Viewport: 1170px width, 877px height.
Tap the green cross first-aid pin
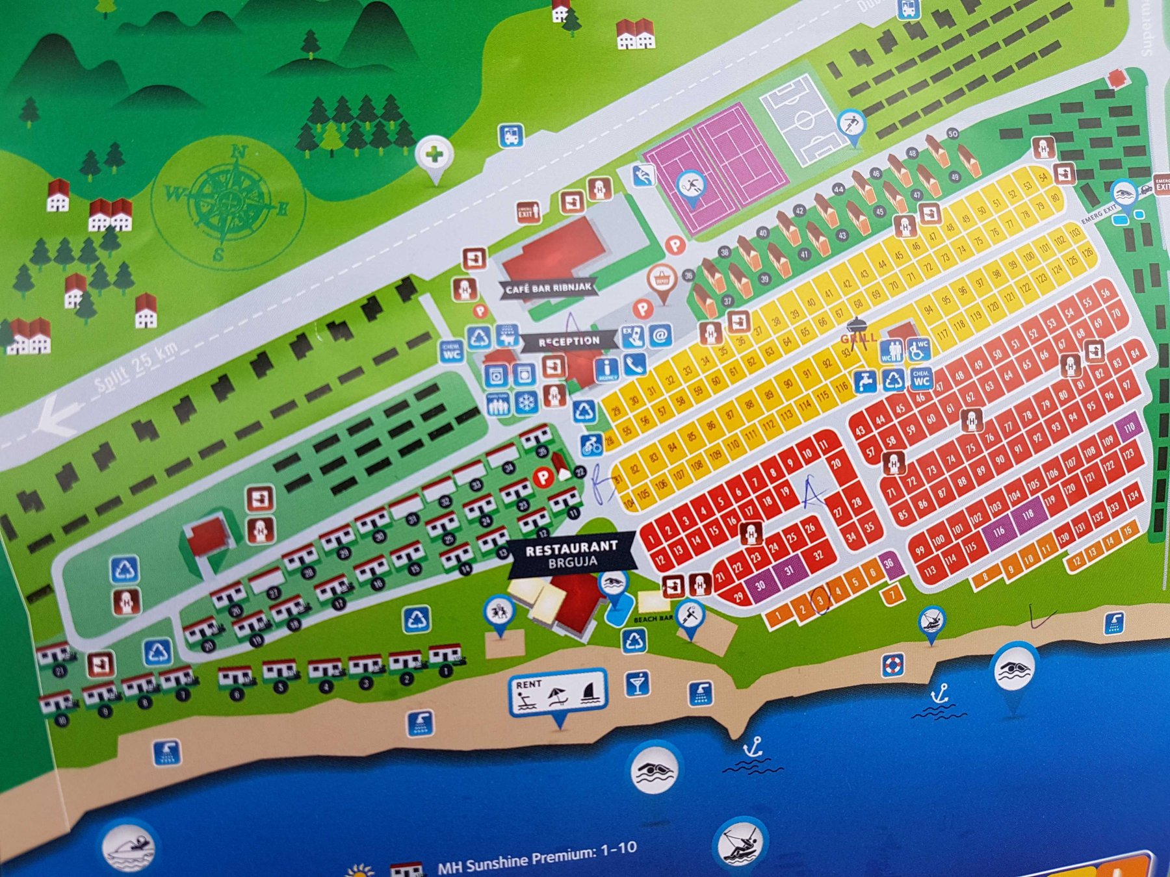click(434, 155)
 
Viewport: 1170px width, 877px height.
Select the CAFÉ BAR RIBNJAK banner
click(548, 288)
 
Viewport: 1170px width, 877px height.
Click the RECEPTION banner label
click(569, 340)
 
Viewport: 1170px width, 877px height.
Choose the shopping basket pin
click(661, 281)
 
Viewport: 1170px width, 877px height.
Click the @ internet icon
click(660, 335)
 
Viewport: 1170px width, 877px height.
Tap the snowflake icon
click(526, 403)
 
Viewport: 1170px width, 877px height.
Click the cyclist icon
click(591, 446)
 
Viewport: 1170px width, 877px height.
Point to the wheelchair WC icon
click(918, 350)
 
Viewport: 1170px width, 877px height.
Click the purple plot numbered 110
click(1129, 427)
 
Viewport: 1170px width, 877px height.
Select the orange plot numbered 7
click(892, 594)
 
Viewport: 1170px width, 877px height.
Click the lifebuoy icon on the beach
click(893, 665)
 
